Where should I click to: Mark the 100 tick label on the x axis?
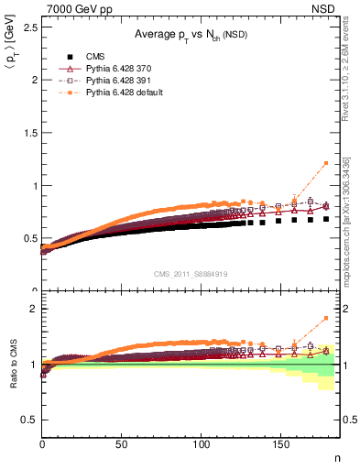pos(202,446)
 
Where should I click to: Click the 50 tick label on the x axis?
pos(123,446)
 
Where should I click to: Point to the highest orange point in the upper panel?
pos(326,163)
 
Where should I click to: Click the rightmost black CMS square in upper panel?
pos(326,219)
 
